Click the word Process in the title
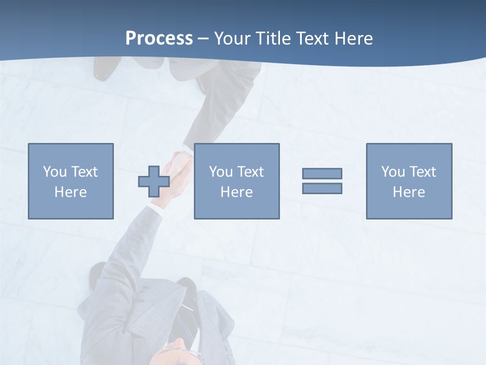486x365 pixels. pos(159,38)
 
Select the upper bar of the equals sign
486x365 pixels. pos(322,173)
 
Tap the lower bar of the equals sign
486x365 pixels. pos(322,189)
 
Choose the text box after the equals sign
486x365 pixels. pos(409,181)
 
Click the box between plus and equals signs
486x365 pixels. pos(236,181)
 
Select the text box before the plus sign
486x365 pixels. pos(70,181)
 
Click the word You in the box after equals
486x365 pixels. pos(393,172)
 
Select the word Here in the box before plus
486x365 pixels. pos(70,192)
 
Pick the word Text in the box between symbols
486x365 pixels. pos(251,172)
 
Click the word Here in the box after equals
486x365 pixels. pos(409,192)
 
